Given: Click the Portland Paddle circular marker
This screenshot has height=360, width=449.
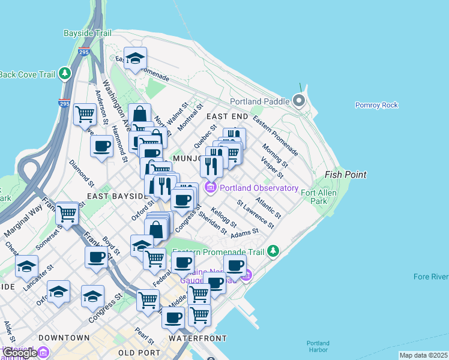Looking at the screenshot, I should tap(298, 101).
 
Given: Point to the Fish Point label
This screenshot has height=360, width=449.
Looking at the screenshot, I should tap(345, 175).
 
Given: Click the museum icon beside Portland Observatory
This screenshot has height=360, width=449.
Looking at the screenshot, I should tap(211, 188).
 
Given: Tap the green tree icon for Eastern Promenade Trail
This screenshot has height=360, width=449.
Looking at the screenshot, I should tap(274, 250).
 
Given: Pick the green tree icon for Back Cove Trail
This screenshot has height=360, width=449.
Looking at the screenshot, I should tap(64, 74).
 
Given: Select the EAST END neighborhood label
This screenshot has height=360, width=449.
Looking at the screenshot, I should tap(227, 116).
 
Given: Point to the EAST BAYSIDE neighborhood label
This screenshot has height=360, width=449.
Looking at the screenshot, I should tap(117, 196).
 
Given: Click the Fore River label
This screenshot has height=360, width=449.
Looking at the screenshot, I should tap(431, 277).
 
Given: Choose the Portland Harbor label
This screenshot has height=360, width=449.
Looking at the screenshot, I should tap(318, 346).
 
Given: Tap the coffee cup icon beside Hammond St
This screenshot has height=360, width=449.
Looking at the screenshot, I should tap(102, 145).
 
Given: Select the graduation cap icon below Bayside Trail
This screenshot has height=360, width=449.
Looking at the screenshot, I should tap(136, 58).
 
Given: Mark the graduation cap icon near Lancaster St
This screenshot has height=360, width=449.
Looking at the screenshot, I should tap(26, 266).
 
